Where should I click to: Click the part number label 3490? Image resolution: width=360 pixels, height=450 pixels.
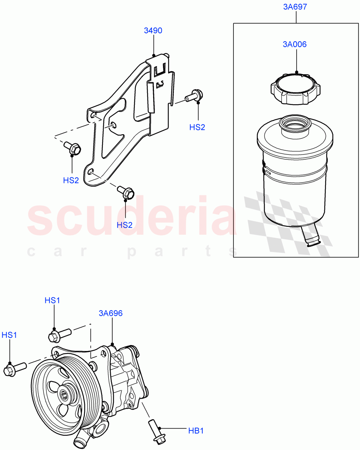point(153,30)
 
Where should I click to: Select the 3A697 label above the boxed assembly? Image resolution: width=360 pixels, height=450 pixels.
point(296,7)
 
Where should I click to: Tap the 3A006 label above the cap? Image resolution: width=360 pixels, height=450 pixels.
point(295,44)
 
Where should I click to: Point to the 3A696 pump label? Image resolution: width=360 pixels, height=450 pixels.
point(111,313)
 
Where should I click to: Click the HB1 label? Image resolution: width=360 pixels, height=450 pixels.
point(196,431)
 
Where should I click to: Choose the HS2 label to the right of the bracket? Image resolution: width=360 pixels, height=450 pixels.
point(197,127)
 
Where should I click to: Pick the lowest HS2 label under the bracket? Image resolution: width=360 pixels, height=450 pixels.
point(125,225)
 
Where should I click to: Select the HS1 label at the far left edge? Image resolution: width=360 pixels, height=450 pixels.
point(9,335)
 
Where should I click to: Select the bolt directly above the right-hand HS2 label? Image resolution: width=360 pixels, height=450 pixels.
point(193,96)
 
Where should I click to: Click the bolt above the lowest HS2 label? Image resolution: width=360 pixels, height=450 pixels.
point(126,193)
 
